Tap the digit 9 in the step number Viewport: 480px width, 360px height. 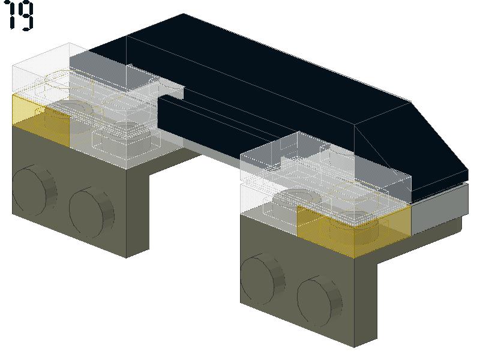(26, 16)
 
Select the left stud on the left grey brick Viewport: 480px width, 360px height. (34, 190)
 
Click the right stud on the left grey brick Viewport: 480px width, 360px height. (91, 212)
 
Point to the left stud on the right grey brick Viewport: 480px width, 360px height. (262, 279)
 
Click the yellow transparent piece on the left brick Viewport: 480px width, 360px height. (41, 119)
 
